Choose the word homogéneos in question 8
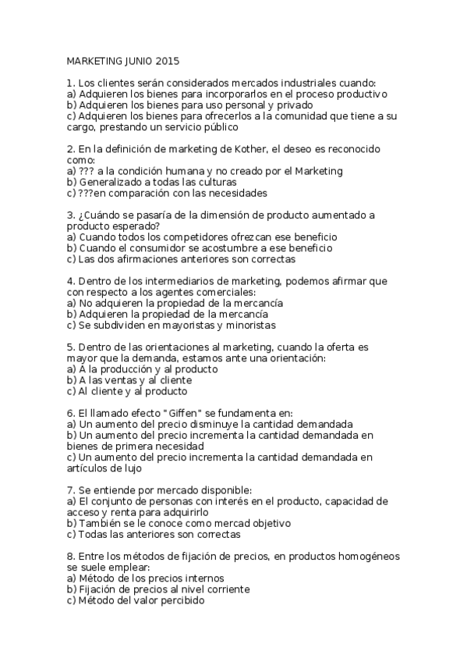point(370,557)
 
